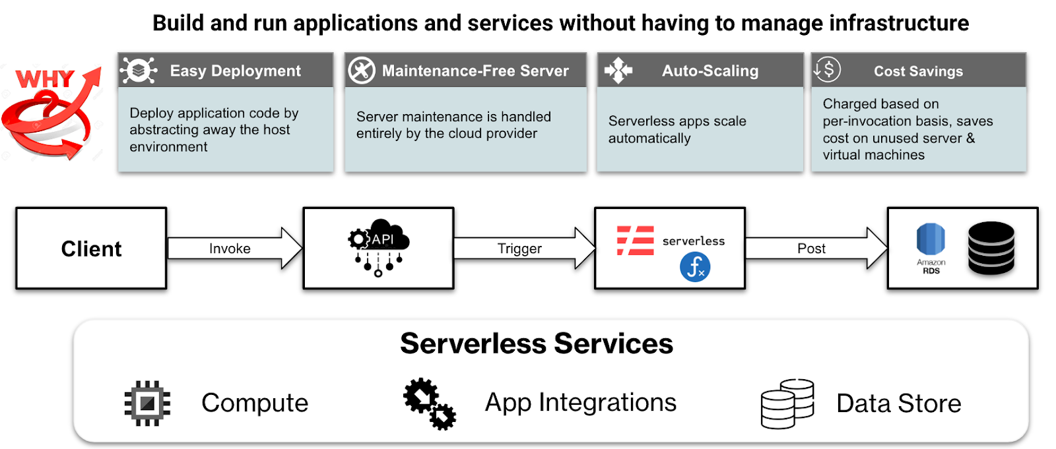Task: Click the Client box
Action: coord(91,249)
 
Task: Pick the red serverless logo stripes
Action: coord(635,241)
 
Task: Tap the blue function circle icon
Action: coord(695,267)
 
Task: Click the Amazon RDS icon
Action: coord(931,243)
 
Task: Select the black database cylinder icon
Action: coord(991,248)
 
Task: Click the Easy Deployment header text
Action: coord(235,71)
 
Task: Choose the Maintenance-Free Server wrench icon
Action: coord(362,71)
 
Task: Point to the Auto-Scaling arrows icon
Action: coord(618,70)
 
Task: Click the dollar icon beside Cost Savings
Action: coord(827,69)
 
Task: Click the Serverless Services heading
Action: coord(537,344)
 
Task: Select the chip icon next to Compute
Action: coord(147,403)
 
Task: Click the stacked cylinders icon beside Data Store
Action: coord(787,404)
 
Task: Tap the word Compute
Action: coord(255,403)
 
